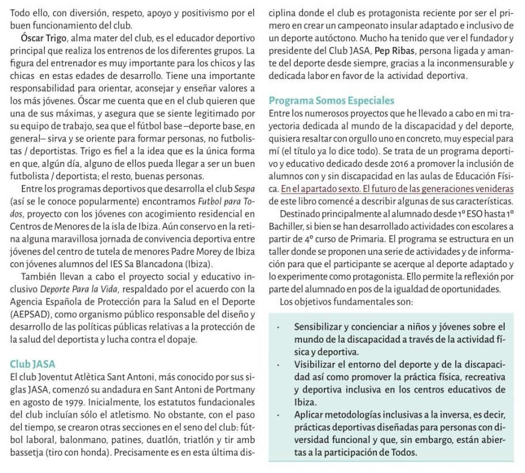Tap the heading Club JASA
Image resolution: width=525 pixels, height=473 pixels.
tap(33, 364)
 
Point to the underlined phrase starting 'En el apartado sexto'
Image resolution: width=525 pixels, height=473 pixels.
tap(396, 188)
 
